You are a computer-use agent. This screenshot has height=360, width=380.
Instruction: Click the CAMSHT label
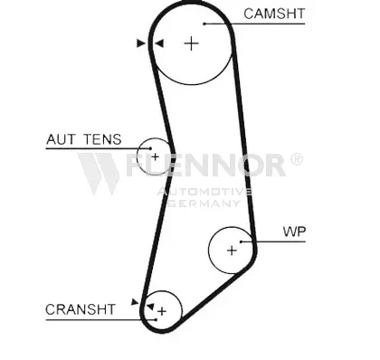click(x=274, y=14)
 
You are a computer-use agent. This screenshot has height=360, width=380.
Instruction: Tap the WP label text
click(x=294, y=232)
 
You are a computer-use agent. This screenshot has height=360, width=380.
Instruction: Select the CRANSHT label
click(x=81, y=309)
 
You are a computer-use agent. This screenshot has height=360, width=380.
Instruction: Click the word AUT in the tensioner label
click(x=61, y=139)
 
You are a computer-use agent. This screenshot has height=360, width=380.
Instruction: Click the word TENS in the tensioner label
click(x=102, y=139)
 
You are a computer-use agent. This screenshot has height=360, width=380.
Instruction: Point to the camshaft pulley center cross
click(x=191, y=43)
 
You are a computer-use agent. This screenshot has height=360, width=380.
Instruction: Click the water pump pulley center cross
click(x=232, y=251)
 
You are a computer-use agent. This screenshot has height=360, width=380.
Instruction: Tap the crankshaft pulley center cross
click(x=162, y=311)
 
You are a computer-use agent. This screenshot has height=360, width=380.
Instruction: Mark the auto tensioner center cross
click(x=155, y=156)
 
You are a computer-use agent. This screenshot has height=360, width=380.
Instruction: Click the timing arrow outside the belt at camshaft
click(x=141, y=43)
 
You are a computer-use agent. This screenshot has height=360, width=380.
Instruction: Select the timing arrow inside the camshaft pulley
click(x=159, y=43)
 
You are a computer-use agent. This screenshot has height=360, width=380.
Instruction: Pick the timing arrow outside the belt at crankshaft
click(x=135, y=302)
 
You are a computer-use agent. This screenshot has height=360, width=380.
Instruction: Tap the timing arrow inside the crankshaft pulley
click(x=150, y=307)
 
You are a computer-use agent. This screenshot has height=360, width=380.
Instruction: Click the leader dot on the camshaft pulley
click(x=204, y=24)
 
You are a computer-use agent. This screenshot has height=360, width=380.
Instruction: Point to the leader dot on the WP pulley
click(x=241, y=242)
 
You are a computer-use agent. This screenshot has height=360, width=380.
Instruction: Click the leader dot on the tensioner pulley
click(x=150, y=148)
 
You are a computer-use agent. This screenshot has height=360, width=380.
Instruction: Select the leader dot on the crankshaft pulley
click(x=156, y=319)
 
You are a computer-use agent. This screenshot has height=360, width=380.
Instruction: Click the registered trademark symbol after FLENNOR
click(x=297, y=159)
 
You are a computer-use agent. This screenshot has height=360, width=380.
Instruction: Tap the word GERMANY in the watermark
click(x=204, y=204)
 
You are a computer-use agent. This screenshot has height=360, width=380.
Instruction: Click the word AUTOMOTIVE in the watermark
click(x=205, y=192)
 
